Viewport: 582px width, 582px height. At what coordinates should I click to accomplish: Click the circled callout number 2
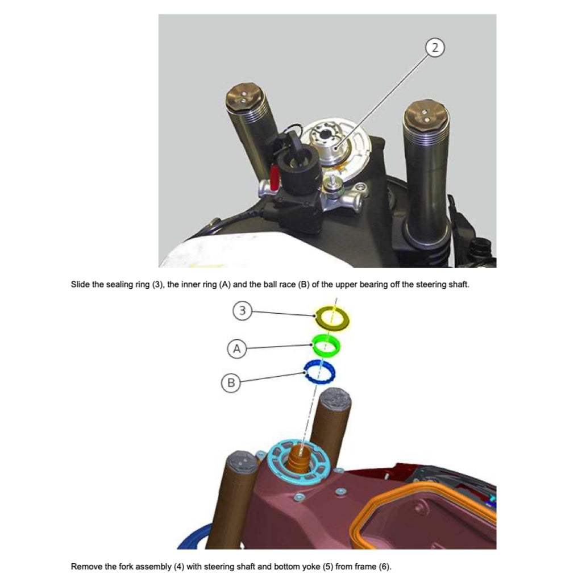[435, 48]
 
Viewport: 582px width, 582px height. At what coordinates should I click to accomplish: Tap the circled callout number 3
[243, 311]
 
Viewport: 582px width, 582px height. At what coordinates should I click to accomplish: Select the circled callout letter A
[237, 349]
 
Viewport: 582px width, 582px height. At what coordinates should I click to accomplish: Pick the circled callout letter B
[230, 383]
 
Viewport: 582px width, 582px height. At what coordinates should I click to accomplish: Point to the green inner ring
[326, 344]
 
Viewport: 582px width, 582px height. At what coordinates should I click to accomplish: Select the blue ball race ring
[319, 373]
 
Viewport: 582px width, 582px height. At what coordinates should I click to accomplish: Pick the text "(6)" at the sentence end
[385, 567]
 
